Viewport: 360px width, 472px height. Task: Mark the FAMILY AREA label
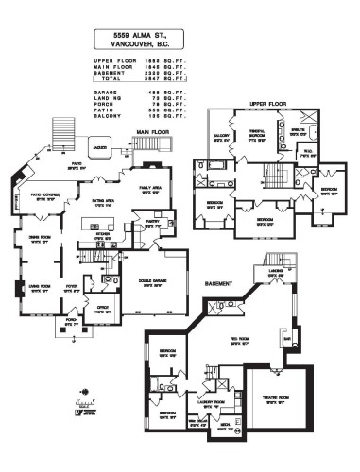coord(155,188)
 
